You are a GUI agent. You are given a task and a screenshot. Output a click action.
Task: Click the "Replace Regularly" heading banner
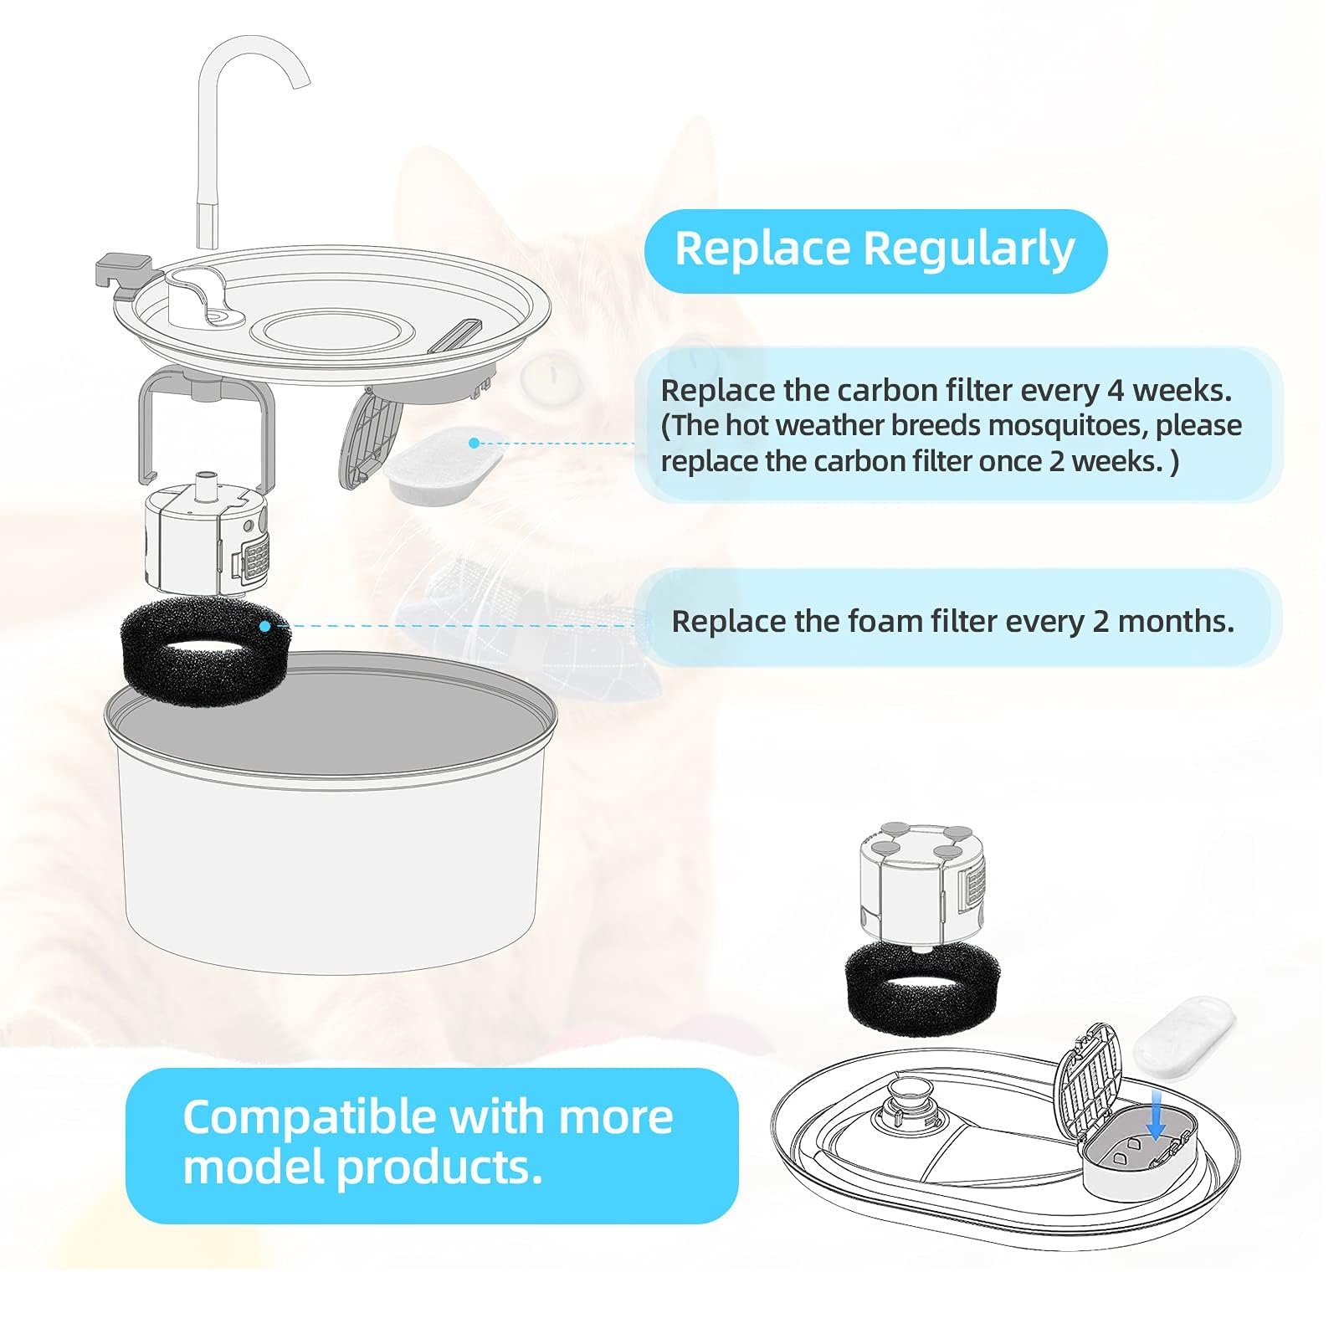(875, 250)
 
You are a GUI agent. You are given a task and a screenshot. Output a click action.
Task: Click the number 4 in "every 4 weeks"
(1116, 391)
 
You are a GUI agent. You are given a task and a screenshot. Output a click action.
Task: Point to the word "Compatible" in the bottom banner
(309, 1117)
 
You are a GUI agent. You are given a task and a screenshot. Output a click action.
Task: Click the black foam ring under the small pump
(921, 988)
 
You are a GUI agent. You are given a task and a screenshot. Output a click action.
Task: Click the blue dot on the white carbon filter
(474, 443)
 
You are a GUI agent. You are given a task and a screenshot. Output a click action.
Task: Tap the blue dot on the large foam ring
(264, 626)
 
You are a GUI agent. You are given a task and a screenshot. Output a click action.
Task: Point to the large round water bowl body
(328, 862)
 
